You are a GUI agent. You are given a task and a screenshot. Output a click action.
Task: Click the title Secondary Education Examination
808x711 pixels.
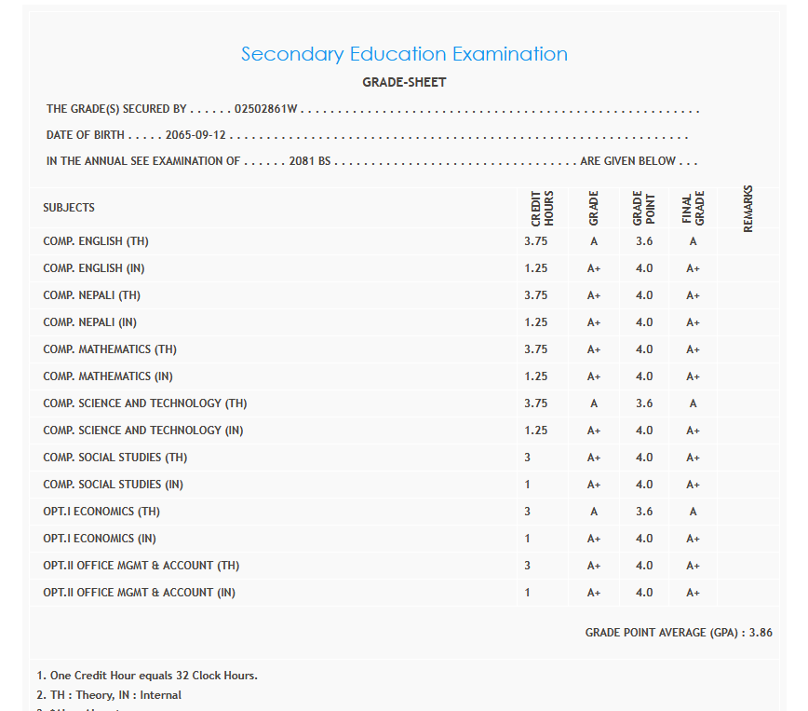tap(404, 54)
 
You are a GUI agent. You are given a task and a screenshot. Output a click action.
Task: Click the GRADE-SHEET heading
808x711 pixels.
tap(404, 82)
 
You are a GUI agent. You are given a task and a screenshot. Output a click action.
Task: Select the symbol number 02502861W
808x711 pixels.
tap(265, 109)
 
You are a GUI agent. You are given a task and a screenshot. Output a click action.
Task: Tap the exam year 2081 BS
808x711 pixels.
tap(310, 161)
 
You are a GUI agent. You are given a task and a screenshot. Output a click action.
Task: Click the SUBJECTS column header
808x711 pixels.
tap(69, 208)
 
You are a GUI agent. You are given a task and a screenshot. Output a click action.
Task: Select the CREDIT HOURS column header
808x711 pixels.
tap(542, 208)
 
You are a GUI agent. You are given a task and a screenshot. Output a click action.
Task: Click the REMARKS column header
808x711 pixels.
tap(748, 208)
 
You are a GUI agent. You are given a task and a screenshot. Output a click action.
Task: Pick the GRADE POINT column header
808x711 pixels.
tap(644, 208)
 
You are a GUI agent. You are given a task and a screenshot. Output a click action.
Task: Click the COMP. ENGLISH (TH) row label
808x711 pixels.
tap(96, 241)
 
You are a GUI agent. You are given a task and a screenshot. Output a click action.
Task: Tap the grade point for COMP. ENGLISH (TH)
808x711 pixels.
tap(644, 241)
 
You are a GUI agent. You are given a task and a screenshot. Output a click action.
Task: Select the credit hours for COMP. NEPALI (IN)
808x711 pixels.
tap(535, 322)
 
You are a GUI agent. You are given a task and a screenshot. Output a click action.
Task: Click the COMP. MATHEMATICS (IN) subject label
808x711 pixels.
tap(108, 376)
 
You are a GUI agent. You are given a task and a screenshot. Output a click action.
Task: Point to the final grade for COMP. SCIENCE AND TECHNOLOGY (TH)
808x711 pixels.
tap(693, 403)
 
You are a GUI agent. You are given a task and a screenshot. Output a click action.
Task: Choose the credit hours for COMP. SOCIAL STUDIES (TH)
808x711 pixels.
tap(527, 458)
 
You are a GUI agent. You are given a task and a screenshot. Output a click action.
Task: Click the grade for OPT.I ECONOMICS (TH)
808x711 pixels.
tap(594, 512)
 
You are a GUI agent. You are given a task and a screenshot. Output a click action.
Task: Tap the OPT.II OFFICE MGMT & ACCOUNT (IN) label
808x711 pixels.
tap(139, 593)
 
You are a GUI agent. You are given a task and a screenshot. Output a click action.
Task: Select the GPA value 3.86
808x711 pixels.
tap(761, 633)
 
